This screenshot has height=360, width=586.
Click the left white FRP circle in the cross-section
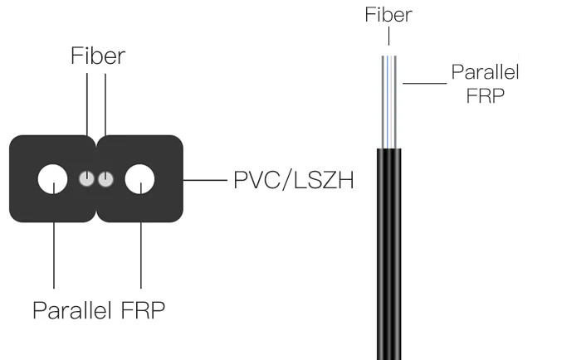tap(53, 178)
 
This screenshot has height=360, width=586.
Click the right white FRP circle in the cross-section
tap(139, 178)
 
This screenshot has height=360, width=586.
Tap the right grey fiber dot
tap(105, 178)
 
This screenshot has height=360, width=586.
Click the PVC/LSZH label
tap(293, 179)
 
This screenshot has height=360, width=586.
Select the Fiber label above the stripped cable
tap(389, 14)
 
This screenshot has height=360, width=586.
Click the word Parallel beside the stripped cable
tap(485, 72)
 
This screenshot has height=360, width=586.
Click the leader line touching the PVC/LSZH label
tap(204, 179)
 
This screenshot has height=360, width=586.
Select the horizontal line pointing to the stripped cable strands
tap(424, 82)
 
